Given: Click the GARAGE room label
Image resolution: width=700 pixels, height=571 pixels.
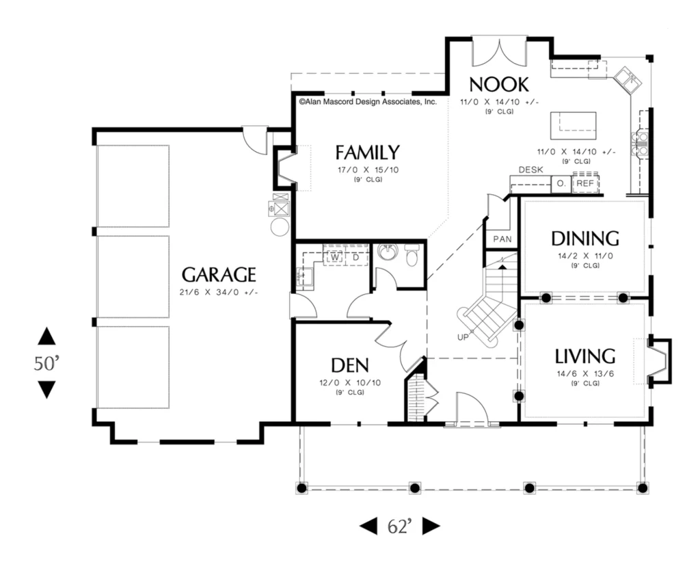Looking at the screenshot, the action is pos(219,275).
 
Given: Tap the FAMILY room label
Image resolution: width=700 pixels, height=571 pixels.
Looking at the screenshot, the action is pos(367,152).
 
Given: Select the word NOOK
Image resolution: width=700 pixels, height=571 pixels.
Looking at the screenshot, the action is pos(499,84).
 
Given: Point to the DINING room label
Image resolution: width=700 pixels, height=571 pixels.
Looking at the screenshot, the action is pos(585,239).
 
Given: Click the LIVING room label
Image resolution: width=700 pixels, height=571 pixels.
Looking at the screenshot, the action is pos(585,357).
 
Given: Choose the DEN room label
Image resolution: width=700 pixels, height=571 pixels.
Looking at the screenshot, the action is pos(350,365).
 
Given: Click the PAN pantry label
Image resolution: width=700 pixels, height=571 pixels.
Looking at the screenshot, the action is pos(502,239).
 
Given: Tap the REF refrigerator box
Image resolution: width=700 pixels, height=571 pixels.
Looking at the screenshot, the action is pos(585,183).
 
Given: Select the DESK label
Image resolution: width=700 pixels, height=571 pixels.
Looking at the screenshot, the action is pos(530,170).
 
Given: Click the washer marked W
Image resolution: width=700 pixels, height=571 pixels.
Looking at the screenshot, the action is pos(335,258).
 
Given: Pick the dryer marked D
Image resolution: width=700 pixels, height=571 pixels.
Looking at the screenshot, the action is pos(355,258).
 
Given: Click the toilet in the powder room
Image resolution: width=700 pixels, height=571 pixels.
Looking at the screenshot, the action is pos(411,256).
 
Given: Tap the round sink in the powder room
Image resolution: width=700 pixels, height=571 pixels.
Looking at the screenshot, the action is pos(387,252).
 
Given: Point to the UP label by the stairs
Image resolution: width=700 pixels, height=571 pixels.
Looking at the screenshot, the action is pos(463,337).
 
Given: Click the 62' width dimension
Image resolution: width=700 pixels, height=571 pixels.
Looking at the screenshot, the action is pos(399,527).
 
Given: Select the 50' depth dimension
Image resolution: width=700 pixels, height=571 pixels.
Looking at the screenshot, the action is pos(46,363).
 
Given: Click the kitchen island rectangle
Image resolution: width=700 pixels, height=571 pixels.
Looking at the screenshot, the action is pos(574,127).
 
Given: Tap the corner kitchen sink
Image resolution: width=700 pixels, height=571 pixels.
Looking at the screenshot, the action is pos(628,79).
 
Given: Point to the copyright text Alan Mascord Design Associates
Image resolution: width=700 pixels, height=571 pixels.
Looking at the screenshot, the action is pos(368,102).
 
